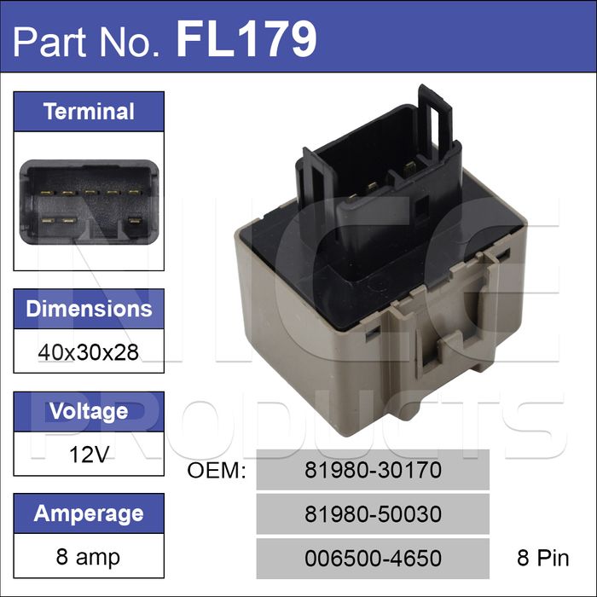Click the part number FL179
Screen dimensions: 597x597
(x=246, y=39)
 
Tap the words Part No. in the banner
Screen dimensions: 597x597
(x=86, y=42)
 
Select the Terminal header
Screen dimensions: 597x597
(x=89, y=112)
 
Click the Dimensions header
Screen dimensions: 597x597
(x=89, y=309)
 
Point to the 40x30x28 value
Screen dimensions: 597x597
(x=89, y=352)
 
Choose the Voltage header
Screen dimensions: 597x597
(x=89, y=412)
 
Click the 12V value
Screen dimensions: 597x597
(x=89, y=455)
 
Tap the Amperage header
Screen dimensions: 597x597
(x=89, y=513)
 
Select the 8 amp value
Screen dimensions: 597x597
(x=88, y=557)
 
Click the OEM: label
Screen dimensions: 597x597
(x=217, y=470)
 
